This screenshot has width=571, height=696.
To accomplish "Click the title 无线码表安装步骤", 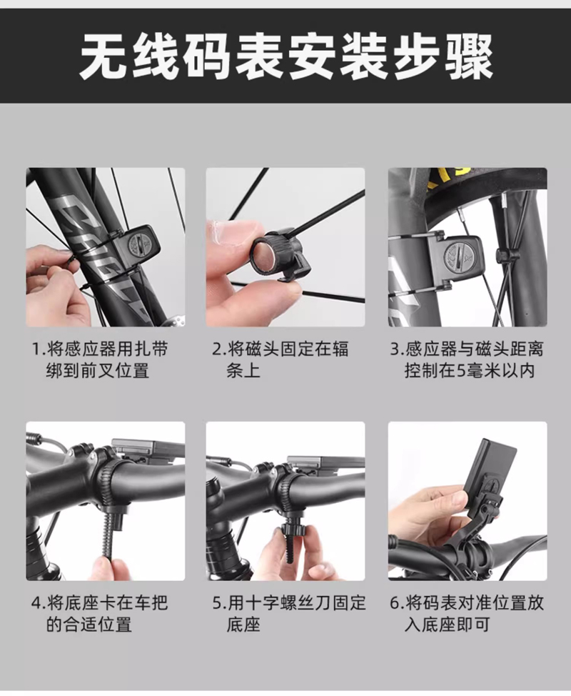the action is (x=286, y=58).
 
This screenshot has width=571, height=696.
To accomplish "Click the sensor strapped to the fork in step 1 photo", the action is (x=134, y=247).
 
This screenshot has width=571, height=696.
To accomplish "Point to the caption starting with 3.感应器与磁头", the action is (x=466, y=359).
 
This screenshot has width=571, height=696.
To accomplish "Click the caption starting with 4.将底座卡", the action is (x=100, y=614).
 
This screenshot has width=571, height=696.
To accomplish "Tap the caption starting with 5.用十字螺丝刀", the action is (x=289, y=614).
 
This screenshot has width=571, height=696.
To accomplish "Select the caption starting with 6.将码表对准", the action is (x=466, y=614).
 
